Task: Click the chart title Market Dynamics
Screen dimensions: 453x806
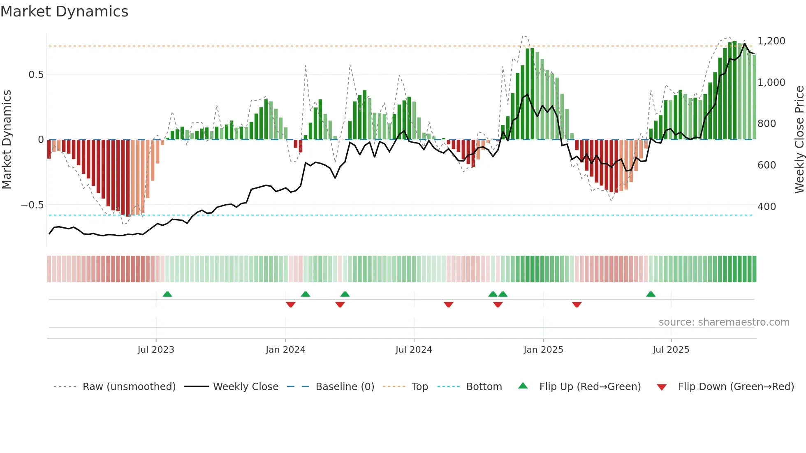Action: pos(64,12)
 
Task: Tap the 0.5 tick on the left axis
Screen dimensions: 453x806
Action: pos(36,75)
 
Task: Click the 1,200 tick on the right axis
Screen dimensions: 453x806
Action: pos(771,41)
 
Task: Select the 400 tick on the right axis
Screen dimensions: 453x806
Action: pos(767,207)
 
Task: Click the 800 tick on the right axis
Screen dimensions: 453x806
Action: pos(767,124)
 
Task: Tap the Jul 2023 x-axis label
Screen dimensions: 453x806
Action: pos(156,350)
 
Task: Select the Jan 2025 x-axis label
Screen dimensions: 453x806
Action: pos(543,350)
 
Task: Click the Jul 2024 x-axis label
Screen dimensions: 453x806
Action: pos(414,350)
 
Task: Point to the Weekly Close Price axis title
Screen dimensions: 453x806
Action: pos(799,140)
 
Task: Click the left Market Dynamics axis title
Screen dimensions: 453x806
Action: pos(7,140)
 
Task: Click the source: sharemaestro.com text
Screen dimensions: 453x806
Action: pos(724,322)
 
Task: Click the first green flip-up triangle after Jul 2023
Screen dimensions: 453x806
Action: pos(167,294)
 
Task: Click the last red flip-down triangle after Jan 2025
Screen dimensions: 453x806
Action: pos(577,305)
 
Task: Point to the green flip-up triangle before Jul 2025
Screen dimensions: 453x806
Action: pos(651,294)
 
